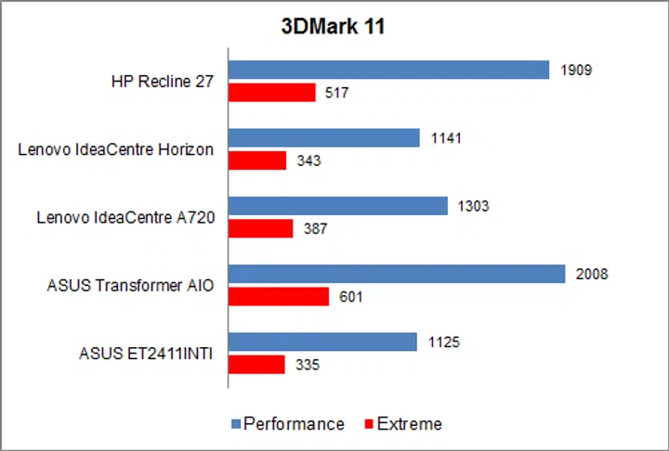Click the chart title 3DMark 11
pyautogui.click(x=334, y=27)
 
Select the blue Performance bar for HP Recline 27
pyautogui.click(x=389, y=71)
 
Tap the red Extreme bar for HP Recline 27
pyautogui.click(x=272, y=92)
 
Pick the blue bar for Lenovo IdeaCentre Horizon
pyautogui.click(x=324, y=138)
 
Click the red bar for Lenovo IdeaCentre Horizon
pyautogui.click(x=257, y=161)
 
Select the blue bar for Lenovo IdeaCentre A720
pyautogui.click(x=338, y=206)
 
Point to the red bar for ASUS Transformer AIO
pyautogui.click(x=279, y=296)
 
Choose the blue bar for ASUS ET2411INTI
pyautogui.click(x=322, y=342)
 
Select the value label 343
pyautogui.click(x=308, y=161)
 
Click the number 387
pyautogui.click(x=315, y=228)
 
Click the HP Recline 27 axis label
pyautogui.click(x=162, y=82)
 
